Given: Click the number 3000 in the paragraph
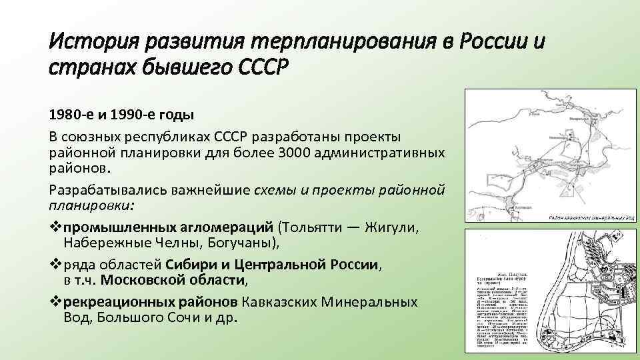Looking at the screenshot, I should [x=303, y=152].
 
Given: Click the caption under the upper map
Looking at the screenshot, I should [x=592, y=217].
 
